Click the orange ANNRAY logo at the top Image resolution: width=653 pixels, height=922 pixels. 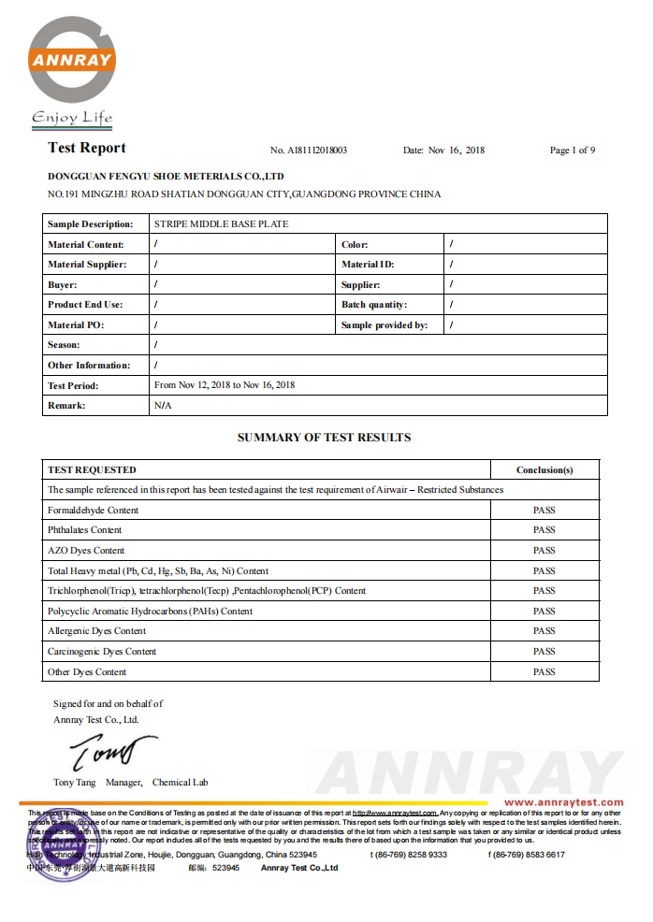pos(71,61)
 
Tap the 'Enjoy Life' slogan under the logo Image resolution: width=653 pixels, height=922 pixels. pos(72,118)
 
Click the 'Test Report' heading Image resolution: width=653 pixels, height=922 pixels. pos(86,148)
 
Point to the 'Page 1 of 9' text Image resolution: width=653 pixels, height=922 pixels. pos(573,150)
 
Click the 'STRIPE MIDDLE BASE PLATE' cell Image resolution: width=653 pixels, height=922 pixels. pos(221,224)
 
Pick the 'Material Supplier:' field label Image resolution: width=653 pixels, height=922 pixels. pos(87,265)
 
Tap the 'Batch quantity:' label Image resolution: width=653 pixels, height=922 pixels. pos(374,305)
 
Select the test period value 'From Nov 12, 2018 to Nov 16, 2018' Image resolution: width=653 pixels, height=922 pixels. pos(225,385)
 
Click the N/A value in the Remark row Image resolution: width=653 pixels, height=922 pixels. pos(163,406)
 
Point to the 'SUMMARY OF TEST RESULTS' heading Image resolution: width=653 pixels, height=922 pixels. pos(324,438)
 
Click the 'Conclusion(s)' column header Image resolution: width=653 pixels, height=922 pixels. pos(544,469)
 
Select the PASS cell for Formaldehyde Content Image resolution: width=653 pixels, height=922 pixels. pos(544,511)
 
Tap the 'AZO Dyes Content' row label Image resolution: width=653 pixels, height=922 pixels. pos(86,551)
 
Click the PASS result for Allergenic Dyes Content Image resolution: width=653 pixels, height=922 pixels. pos(544,631)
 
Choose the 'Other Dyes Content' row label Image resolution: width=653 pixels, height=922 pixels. pos(87,672)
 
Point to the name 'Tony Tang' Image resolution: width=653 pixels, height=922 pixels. pos(75,783)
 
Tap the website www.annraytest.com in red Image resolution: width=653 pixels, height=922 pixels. pos(563,802)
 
